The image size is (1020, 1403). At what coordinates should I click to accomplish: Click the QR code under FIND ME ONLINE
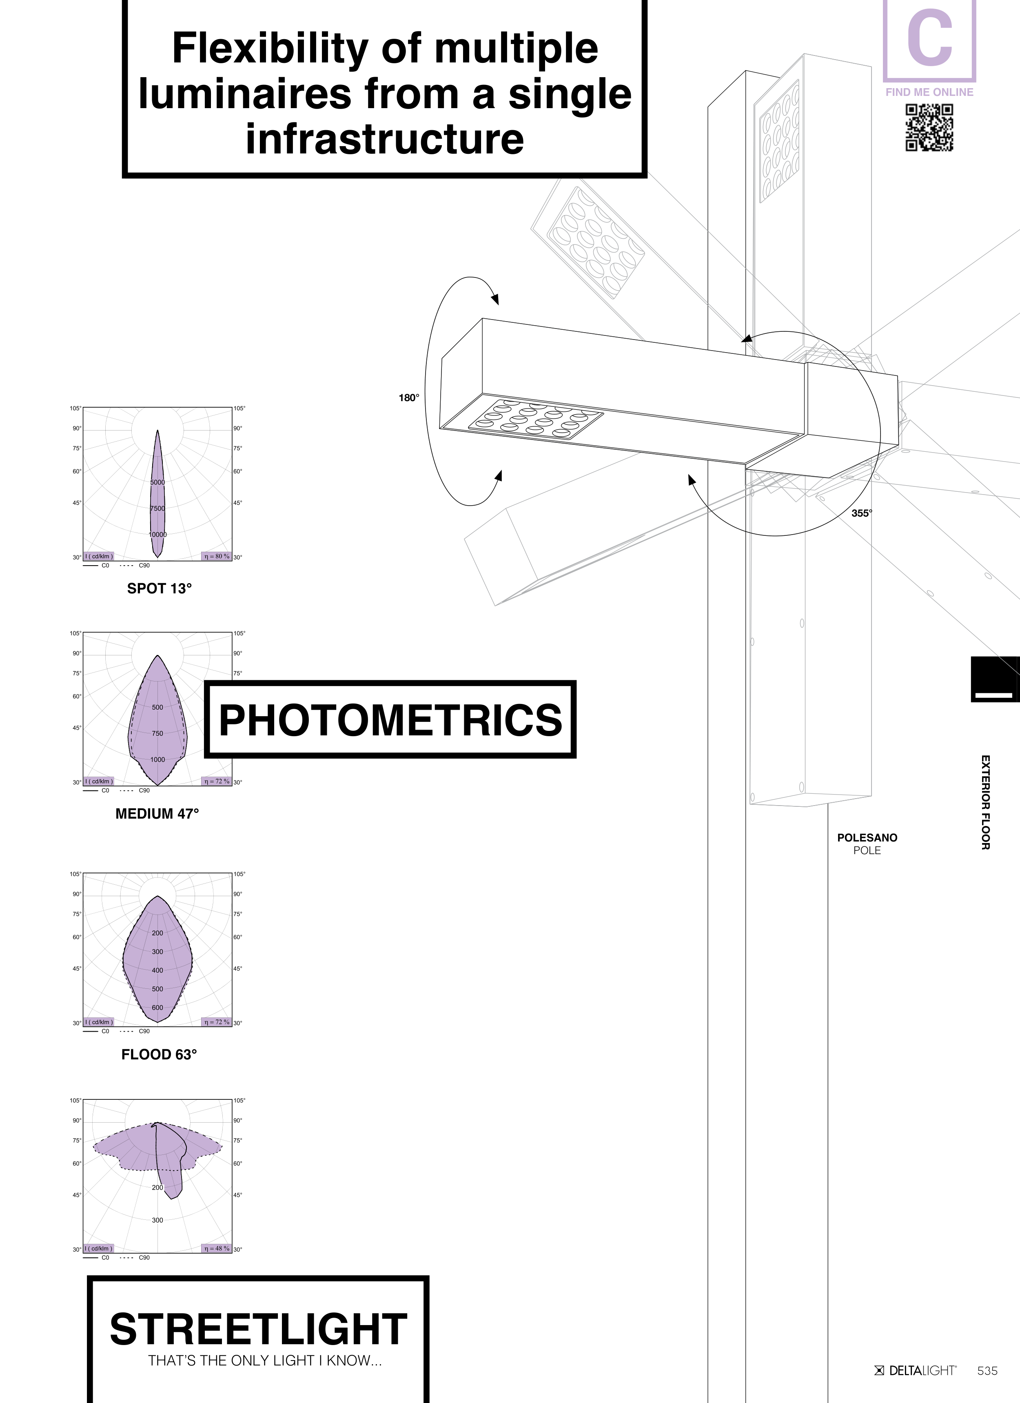[929, 127]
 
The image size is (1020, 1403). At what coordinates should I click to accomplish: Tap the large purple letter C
[929, 40]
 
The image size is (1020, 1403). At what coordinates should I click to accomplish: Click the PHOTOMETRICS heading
[390, 720]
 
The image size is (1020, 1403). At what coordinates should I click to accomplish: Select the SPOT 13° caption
[160, 588]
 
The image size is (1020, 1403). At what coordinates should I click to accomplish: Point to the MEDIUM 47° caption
[157, 813]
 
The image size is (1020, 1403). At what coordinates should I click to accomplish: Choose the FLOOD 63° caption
[159, 1054]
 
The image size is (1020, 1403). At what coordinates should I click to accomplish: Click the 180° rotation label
[409, 398]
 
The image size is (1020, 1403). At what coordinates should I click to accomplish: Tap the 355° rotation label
[862, 513]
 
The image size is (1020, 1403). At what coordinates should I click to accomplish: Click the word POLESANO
[867, 837]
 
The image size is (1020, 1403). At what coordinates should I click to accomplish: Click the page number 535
[987, 1370]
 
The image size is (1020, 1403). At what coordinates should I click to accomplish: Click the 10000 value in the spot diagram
[158, 535]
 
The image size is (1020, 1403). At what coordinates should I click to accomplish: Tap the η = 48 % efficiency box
[217, 1248]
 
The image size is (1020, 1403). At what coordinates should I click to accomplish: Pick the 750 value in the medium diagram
[158, 734]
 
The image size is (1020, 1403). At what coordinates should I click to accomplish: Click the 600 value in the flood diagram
[158, 1008]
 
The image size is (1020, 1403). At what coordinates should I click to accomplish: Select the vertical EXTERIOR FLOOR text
[985, 802]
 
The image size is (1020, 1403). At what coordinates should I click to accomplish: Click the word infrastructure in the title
[385, 139]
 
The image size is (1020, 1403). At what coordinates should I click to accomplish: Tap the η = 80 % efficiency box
[217, 556]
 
